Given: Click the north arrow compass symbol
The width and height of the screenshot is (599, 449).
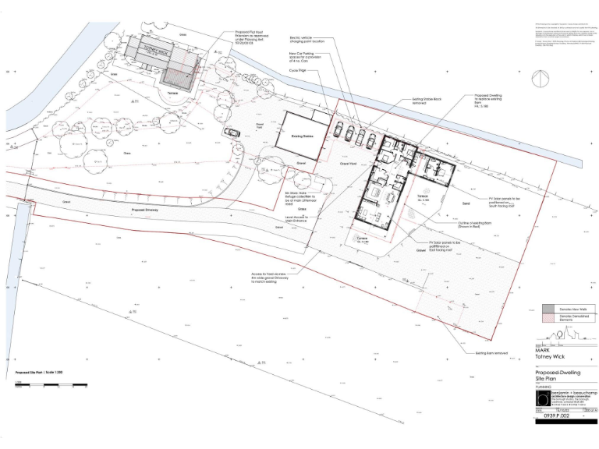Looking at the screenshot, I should coord(538,80).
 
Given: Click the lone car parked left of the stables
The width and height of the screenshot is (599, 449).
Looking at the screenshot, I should coord(232,132).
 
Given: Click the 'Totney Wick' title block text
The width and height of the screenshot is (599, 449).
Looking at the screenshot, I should coord(549,357).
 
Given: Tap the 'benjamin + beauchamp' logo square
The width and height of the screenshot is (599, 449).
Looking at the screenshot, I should coord(544,398).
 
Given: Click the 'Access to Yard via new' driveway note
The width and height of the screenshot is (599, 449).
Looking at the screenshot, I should coord(288,275).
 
